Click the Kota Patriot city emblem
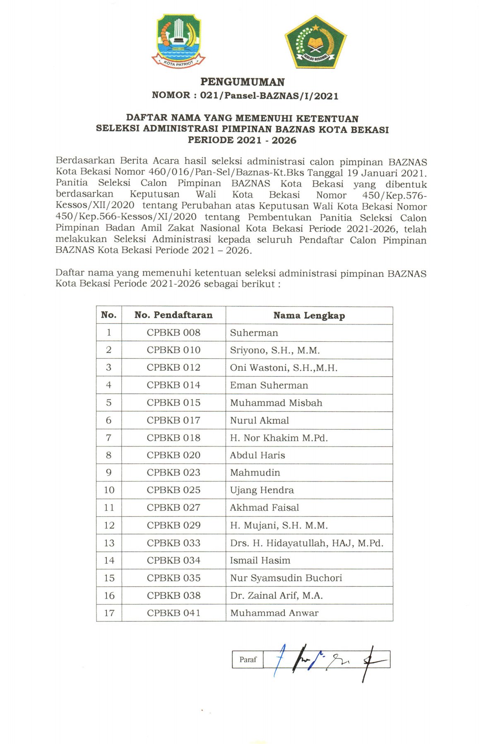coord(178,41)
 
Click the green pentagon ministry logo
coord(315,42)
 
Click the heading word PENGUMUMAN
coord(242,82)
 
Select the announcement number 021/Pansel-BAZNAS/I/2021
coord(269,96)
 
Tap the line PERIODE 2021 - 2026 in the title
coord(242,140)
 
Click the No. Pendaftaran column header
coord(173,315)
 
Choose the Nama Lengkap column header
coord(309,316)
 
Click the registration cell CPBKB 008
coord(173,333)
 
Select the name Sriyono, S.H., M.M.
coord(275,350)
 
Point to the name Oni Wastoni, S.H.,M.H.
coord(284,368)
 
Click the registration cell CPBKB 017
coord(173,420)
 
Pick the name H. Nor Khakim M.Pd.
coord(279,438)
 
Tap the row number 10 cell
coord(109,490)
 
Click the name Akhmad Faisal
coord(265,508)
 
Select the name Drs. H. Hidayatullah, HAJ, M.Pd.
coord(306,543)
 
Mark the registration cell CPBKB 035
coord(173,578)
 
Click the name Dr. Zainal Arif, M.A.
coord(276,595)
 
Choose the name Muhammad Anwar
coord(274,613)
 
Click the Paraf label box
coord(248,660)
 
